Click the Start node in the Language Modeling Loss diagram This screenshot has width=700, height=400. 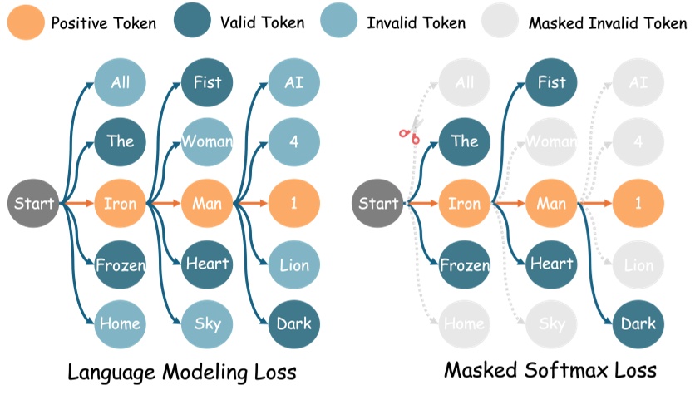click(34, 203)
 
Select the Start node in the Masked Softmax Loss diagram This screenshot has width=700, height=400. click(378, 203)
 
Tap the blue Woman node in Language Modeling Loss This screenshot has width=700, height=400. click(207, 141)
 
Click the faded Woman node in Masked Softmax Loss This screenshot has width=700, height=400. click(551, 141)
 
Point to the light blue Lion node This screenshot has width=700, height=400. click(293, 265)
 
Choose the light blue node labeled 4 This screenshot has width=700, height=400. click(293, 141)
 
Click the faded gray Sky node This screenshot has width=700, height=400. click(551, 324)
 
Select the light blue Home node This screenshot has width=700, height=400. click(121, 324)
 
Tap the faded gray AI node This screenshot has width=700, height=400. click(638, 82)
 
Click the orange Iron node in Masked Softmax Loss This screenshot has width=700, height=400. click(465, 203)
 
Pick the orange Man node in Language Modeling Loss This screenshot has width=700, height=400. click(207, 203)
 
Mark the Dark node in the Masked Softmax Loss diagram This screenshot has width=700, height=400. click(638, 324)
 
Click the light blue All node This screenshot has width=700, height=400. click(121, 82)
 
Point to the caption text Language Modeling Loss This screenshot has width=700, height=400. click(181, 370)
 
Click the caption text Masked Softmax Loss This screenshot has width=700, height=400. click(550, 370)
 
